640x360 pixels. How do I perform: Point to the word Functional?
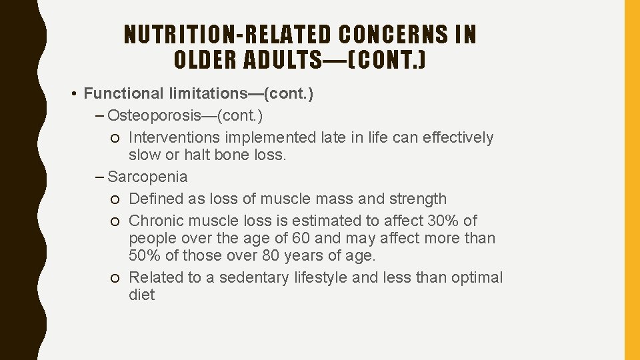[119, 94]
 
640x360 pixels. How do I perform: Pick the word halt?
[199, 155]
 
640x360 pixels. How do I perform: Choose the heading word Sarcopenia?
[147, 177]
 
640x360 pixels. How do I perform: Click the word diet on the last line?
[141, 295]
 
